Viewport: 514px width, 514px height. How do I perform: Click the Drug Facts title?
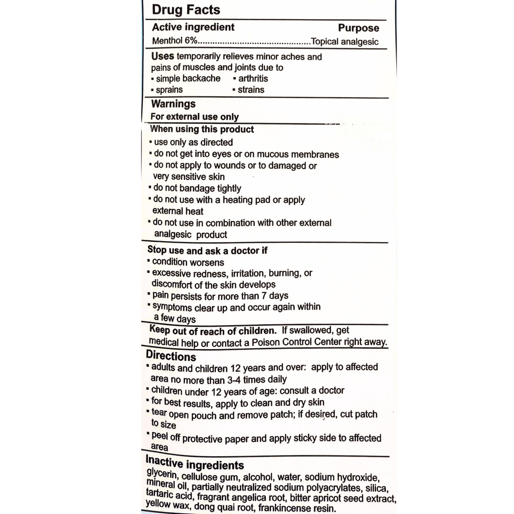pyautogui.click(x=186, y=10)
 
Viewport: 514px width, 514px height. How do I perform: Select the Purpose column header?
pyautogui.click(x=359, y=28)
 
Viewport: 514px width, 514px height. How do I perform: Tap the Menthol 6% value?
pyautogui.click(x=175, y=41)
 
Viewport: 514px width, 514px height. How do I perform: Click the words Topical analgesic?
pyautogui.click(x=345, y=42)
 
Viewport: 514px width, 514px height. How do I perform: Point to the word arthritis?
pyautogui.click(x=253, y=78)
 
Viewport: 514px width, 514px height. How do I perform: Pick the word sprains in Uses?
pyautogui.click(x=169, y=90)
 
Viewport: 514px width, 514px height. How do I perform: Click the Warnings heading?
pyautogui.click(x=173, y=104)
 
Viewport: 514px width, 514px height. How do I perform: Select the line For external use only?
pyautogui.click(x=194, y=117)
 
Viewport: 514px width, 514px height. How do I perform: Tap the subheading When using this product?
pyautogui.click(x=202, y=129)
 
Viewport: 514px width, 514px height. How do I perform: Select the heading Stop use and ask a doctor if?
pyautogui.click(x=207, y=250)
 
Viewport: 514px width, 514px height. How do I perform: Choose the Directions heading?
pyautogui.click(x=171, y=356)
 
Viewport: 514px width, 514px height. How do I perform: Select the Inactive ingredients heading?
pyautogui.click(x=195, y=463)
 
